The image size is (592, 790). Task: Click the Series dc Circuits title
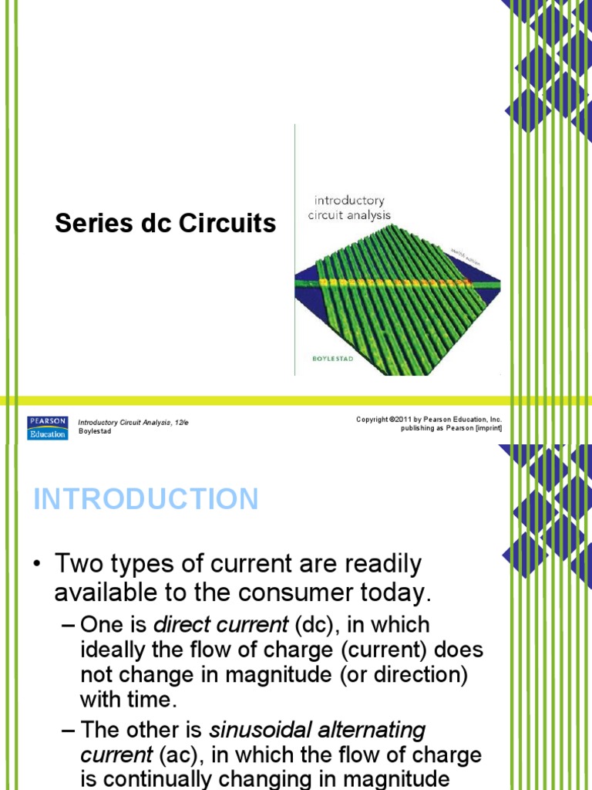[x=165, y=224]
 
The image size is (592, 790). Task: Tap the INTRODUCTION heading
[x=146, y=499]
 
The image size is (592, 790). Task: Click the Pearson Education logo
[x=47, y=427]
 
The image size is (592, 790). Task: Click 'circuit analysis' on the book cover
[x=349, y=215]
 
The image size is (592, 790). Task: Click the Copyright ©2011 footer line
[x=429, y=419]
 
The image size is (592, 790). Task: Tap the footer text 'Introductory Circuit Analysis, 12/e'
[x=133, y=422]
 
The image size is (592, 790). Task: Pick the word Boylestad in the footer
[x=95, y=431]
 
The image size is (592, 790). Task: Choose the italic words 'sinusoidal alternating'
[x=317, y=729]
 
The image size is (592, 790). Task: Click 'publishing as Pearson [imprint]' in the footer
[x=451, y=428]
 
